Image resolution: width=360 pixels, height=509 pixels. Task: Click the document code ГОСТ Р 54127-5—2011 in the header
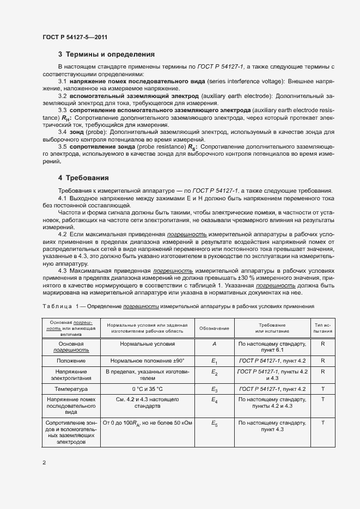click(74, 37)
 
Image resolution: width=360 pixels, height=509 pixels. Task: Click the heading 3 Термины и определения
click(106, 54)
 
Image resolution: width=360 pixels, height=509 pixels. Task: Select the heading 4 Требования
click(83, 178)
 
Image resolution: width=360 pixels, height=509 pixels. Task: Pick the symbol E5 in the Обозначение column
click(214, 422)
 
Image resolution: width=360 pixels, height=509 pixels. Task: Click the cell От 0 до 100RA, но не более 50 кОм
click(148, 422)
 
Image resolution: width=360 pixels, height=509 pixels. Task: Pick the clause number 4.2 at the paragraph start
click(63, 233)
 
